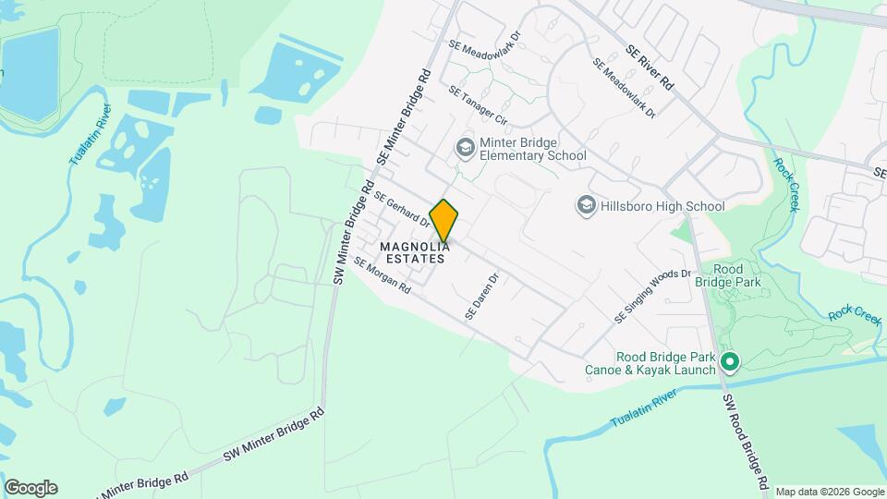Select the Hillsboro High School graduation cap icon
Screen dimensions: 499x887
pos(585,205)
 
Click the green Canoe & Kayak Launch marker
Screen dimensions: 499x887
pos(729,361)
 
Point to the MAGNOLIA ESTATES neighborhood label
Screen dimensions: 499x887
pos(415,252)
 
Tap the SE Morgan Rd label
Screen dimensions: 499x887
pos(382,274)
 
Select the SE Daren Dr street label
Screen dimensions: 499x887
pos(481,296)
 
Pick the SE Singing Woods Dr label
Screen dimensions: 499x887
pos(653,296)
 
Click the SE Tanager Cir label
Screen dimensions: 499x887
pos(478,105)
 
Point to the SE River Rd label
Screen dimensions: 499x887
pos(650,67)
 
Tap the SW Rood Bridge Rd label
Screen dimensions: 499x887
pos(746,442)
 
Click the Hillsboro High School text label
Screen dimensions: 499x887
pos(662,206)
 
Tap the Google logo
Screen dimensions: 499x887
pos(30,488)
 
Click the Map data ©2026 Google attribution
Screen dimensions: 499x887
pos(829,492)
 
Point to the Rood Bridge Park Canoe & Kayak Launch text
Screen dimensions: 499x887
pos(650,364)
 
